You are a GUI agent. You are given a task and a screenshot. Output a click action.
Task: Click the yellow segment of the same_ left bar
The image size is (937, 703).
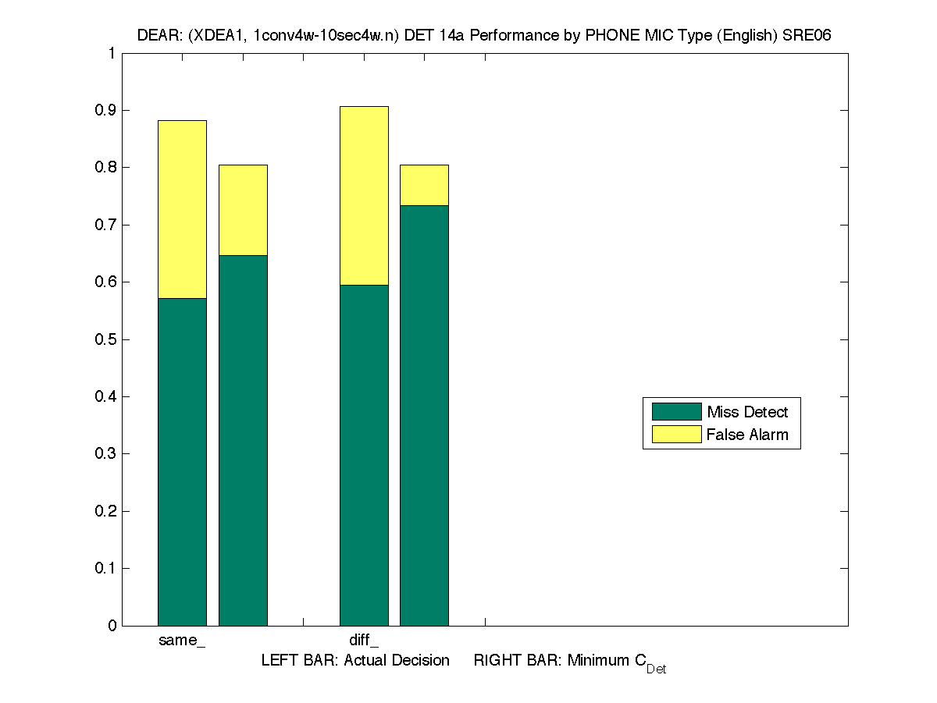[182, 209]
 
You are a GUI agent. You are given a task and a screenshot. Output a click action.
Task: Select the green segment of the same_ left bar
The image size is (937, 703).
[182, 461]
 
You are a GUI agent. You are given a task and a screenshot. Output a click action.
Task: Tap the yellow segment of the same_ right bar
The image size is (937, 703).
[243, 210]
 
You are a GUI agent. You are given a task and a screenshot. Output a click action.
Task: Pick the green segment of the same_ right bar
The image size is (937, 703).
[243, 440]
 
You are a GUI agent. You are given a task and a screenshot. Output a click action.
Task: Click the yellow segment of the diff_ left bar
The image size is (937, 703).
[364, 195]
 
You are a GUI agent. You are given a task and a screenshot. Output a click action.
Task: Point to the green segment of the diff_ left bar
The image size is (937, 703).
[364, 455]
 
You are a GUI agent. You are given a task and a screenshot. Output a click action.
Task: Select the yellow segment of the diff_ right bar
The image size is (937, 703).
[424, 185]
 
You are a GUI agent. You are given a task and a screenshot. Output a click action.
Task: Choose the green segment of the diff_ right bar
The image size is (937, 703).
[424, 415]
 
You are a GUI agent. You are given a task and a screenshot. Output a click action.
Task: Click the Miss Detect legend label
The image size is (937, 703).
[747, 412]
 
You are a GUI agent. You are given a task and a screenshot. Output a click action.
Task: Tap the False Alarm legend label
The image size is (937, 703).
[747, 435]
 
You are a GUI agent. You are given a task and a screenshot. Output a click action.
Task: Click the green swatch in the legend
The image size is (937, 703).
[676, 412]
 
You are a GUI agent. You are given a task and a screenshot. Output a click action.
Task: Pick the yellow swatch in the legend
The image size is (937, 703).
[676, 435]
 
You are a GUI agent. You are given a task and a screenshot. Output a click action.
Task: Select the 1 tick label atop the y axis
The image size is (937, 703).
[112, 54]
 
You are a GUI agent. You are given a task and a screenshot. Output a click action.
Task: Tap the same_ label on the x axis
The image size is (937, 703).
[182, 641]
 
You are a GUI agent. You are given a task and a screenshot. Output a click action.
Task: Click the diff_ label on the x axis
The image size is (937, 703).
[364, 641]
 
